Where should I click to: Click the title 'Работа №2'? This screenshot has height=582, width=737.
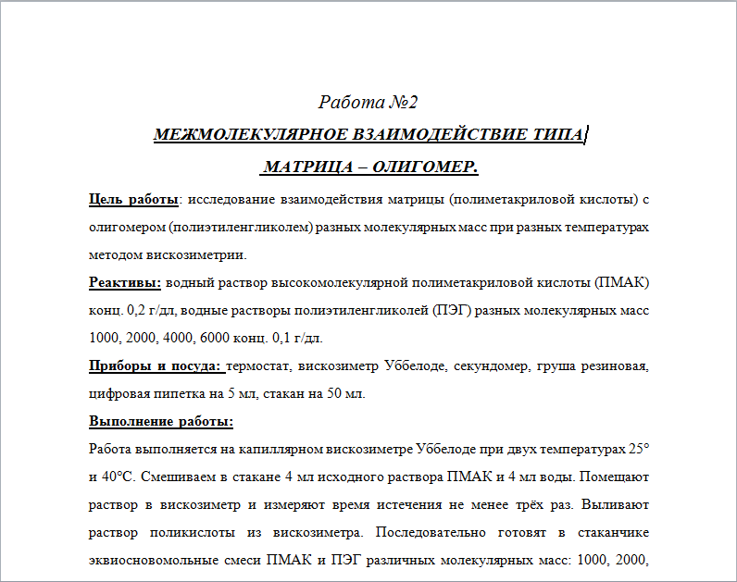[368, 102]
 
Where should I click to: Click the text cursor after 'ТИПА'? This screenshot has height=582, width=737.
[588, 135]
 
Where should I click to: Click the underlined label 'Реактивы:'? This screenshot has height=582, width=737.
[125, 282]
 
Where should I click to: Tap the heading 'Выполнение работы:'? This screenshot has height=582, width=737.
[161, 422]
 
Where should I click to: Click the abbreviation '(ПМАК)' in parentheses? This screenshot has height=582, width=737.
[622, 282]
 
